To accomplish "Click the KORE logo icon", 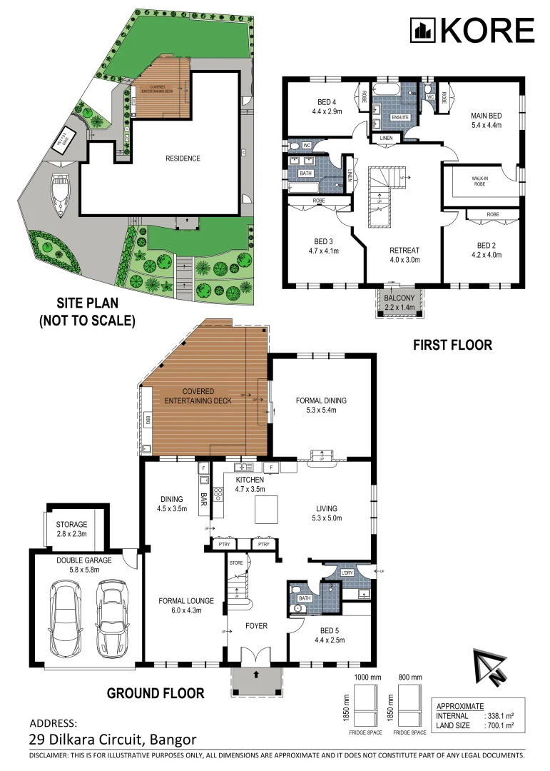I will [423, 30].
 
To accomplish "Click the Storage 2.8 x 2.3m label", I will [72, 529].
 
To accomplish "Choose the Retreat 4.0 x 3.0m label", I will [404, 255].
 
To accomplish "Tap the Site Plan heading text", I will [87, 312].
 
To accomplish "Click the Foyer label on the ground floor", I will [256, 626].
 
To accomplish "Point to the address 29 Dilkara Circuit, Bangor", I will [112, 740].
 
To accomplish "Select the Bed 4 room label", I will [327, 106].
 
